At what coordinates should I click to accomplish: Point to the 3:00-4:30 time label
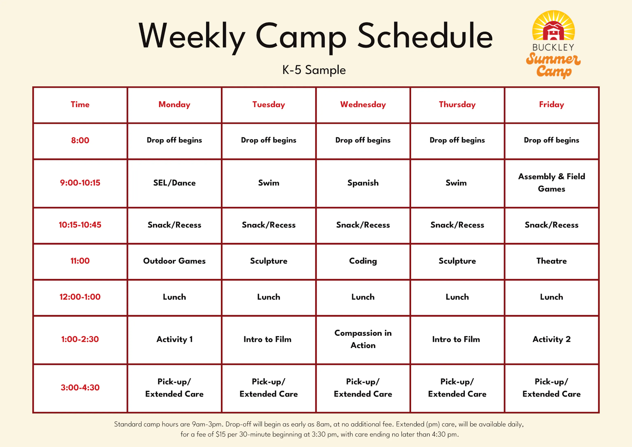80,388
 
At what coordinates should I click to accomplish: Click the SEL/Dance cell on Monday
174,183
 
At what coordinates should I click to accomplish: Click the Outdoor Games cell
174,261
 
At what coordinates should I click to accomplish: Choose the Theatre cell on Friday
551,261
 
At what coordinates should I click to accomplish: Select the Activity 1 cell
174,339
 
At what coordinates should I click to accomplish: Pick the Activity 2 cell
551,339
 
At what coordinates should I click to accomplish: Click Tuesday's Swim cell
269,183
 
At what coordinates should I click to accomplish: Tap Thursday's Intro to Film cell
456,339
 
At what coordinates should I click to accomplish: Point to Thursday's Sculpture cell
457,261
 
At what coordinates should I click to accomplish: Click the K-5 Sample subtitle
314,70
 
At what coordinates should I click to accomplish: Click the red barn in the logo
553,31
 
